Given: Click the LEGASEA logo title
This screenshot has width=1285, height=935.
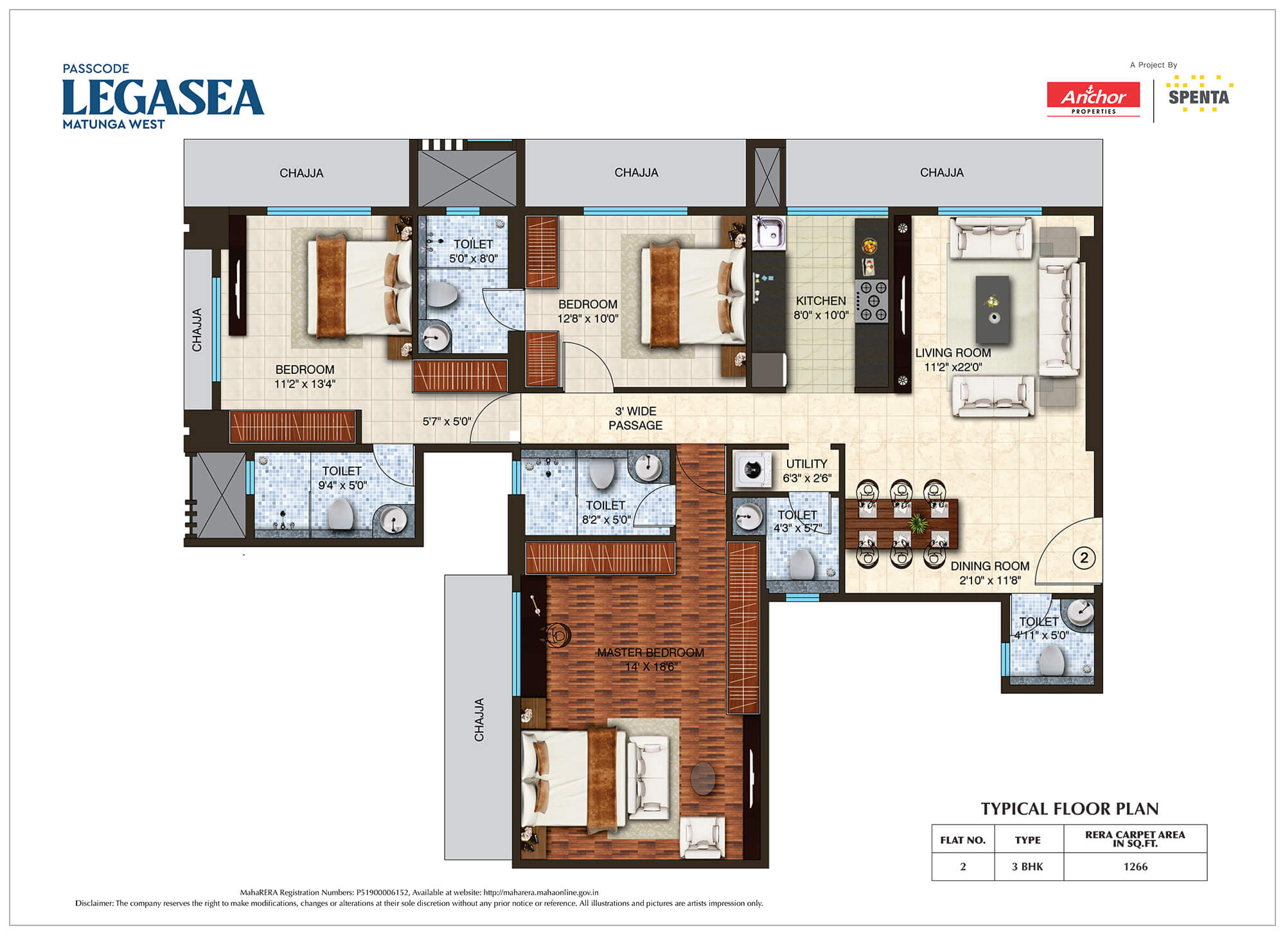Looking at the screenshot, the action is [163, 97].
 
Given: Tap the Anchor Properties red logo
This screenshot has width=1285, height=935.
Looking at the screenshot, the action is [1094, 99].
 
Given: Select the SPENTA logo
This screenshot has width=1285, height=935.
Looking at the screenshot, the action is [1199, 94].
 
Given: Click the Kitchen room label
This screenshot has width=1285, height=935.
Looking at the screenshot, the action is [821, 301].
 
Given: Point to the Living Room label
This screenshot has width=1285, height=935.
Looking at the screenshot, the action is [953, 353].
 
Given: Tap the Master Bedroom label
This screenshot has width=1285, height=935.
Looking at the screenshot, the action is [650, 652].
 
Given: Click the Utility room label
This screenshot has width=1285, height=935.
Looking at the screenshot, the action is [806, 464].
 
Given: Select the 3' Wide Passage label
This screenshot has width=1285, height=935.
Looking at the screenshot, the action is [635, 418].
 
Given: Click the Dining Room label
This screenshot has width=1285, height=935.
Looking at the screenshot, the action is [989, 566].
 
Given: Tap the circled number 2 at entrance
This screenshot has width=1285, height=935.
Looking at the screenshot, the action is [1084, 558].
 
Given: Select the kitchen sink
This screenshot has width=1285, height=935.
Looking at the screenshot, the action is [769, 233].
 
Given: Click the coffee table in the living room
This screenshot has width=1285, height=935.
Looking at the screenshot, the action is [993, 310].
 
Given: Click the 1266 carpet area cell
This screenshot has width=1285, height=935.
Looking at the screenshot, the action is [1135, 867].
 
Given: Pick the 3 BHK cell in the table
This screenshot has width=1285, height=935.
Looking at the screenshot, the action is [1027, 867].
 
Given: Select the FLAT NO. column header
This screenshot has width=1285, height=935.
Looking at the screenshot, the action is [962, 840].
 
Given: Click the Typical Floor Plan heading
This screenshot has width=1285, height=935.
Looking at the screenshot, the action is [1070, 808].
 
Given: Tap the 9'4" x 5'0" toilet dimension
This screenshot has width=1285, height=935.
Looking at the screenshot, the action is [342, 486].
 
